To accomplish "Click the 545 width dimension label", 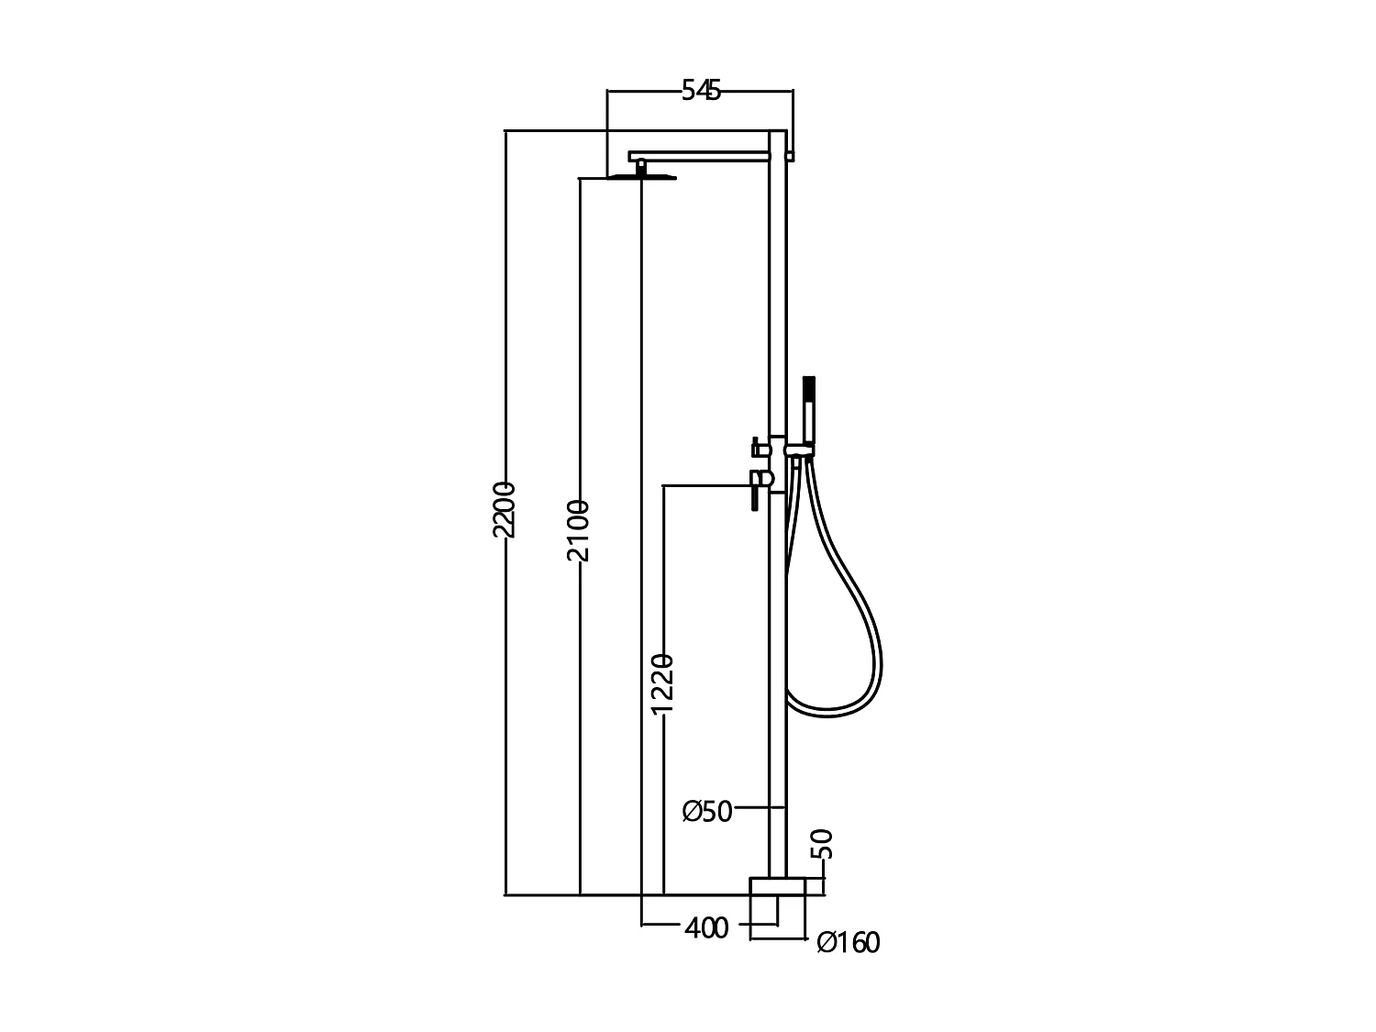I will pos(701,90).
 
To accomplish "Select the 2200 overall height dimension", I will pos(505,509).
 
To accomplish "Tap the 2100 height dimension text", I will pos(578,530).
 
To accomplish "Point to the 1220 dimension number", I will pos(662,683).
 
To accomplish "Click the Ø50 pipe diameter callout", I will pos(707,811).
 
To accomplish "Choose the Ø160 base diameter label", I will pos(848,942).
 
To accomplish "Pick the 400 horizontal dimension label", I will pos(706,928).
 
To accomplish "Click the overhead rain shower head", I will pos(641,177).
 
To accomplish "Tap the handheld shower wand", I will pos(808,413).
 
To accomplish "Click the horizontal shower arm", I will pos(697,156).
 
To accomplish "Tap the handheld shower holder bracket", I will pos(800,450).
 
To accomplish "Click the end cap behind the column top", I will pos(790,156).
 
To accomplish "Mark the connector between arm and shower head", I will pos(641,166).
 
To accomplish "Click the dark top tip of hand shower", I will pos(808,383).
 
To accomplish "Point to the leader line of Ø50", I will pos(760,807).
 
